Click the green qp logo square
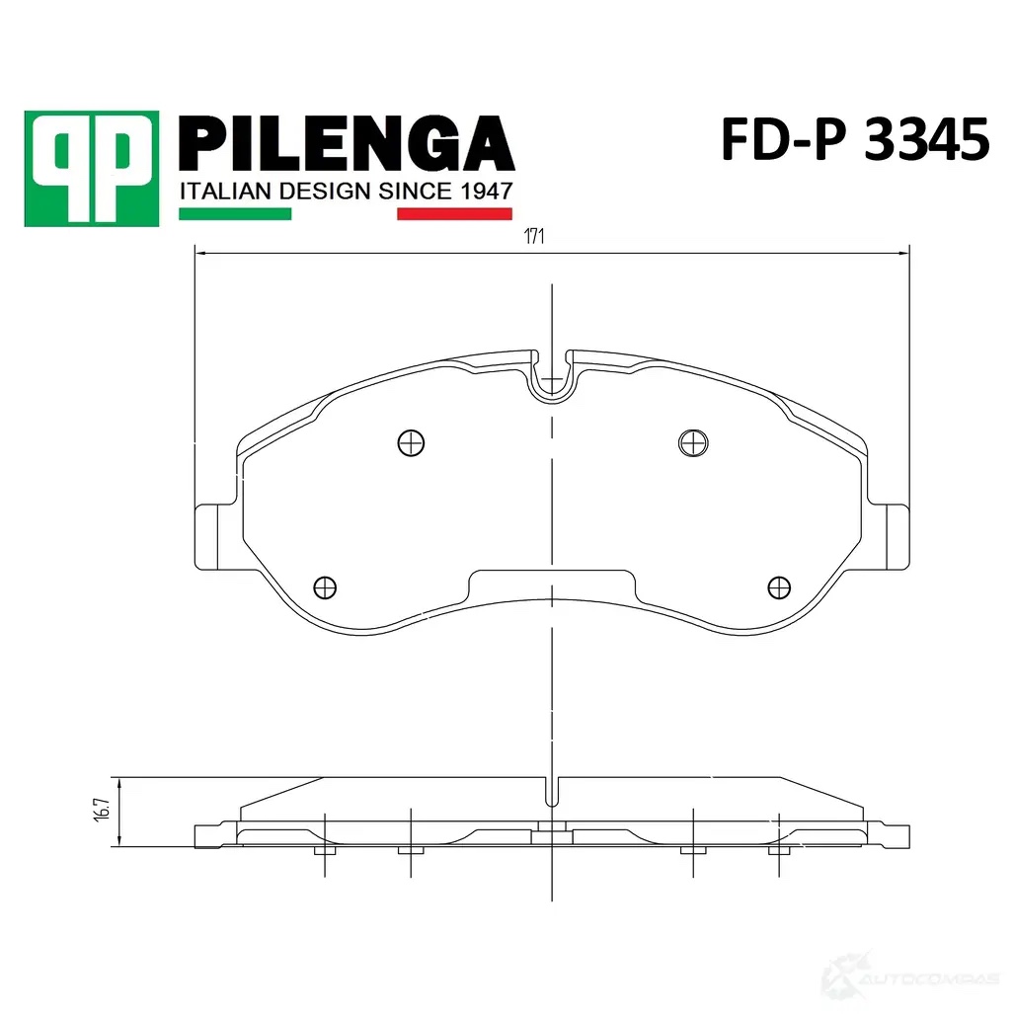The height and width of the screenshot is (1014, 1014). click(x=91, y=169)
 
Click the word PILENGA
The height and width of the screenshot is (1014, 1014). click(x=347, y=143)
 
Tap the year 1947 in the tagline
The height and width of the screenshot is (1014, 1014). click(x=486, y=192)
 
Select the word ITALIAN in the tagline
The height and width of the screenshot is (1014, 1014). click(x=225, y=192)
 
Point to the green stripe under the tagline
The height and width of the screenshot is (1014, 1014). click(x=235, y=214)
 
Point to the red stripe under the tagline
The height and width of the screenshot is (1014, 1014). click(x=454, y=214)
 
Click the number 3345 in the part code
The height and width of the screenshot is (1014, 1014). click(x=926, y=139)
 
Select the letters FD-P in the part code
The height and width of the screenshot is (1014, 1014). click(x=784, y=139)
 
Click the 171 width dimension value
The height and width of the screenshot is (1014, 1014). click(x=534, y=237)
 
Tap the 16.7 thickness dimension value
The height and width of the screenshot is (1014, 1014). click(x=102, y=809)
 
